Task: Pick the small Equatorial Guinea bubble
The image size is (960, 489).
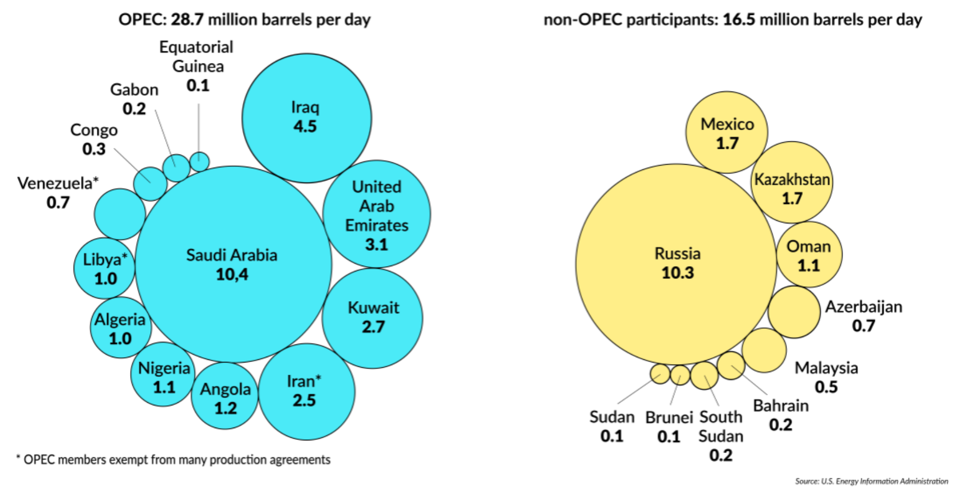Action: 200,161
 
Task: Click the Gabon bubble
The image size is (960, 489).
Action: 176,168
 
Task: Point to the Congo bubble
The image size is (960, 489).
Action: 150,184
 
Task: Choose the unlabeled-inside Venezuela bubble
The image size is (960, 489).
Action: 120,214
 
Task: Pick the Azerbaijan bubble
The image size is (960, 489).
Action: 794,312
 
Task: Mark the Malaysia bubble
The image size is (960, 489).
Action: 764,350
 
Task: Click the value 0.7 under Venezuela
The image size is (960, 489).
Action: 58,202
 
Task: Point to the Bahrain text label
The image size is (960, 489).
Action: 781,406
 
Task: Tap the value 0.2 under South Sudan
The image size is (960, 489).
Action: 721,455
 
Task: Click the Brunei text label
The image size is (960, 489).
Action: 669,418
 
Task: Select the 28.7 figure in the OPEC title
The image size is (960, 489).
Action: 187,20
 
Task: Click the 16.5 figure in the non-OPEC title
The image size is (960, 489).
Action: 739,20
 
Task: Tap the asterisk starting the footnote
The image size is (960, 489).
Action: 19,458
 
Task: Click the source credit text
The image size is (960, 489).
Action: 871,481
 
